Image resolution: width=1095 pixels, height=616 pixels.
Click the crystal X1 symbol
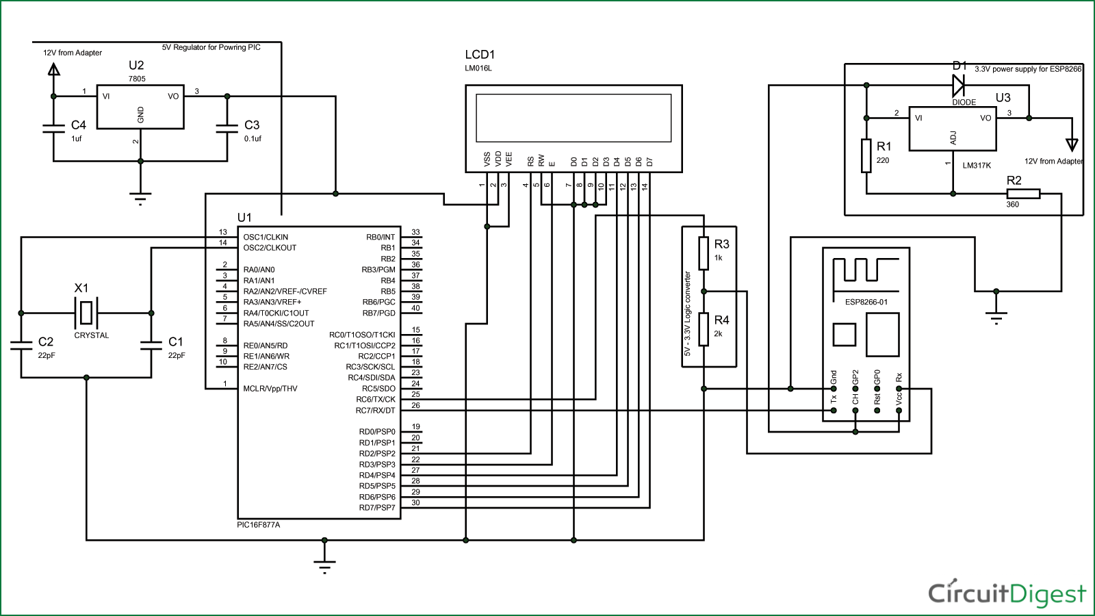(86, 313)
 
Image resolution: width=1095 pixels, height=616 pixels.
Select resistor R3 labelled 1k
(704, 253)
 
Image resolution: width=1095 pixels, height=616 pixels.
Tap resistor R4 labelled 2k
(704, 329)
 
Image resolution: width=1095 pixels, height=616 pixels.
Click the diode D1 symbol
(958, 86)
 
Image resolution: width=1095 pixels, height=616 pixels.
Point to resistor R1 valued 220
(866, 155)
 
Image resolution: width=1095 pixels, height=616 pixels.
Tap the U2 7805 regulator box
(140, 107)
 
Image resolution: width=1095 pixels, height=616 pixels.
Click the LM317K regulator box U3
(952, 129)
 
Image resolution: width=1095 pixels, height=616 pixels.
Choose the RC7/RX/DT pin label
(375, 411)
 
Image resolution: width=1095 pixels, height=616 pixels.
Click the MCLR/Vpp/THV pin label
(270, 389)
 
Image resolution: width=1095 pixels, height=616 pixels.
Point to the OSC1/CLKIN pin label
(266, 237)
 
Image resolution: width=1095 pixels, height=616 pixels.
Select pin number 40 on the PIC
(415, 308)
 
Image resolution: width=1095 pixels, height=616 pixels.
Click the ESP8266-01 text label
(866, 302)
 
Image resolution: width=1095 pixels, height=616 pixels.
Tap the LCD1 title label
(480, 55)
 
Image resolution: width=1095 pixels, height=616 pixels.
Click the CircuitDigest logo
(1006, 593)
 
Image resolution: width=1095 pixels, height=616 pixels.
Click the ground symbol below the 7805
(140, 198)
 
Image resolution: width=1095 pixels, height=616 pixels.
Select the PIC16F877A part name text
(258, 525)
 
